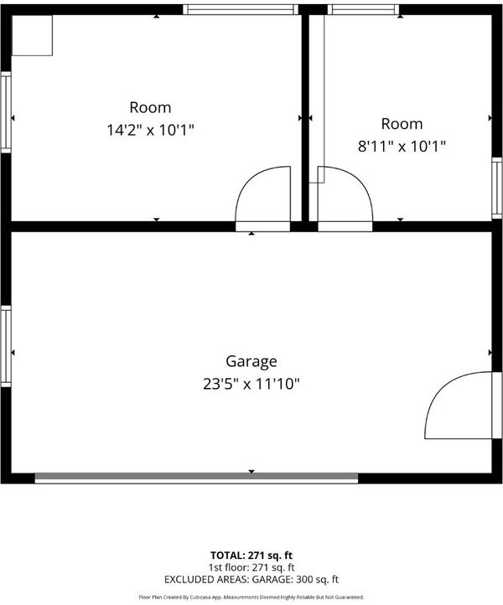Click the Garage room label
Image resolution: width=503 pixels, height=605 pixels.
coord(251,361)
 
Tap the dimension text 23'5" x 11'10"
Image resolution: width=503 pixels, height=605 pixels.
coord(251,384)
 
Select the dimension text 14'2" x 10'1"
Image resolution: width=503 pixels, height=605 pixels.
coord(150,130)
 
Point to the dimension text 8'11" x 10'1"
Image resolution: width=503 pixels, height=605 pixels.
coord(402,147)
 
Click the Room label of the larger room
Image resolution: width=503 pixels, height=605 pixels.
coord(150,107)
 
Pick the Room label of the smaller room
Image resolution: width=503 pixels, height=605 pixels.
coord(402,124)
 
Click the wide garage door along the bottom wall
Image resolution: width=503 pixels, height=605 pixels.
coord(196,478)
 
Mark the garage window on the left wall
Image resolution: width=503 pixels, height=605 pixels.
coord(6,346)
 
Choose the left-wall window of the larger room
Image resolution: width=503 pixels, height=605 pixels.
coord(6,112)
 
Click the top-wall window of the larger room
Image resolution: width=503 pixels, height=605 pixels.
coord(241,10)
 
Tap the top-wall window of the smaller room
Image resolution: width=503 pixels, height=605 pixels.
coord(363,10)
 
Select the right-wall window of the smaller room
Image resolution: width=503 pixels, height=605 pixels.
coord(497,188)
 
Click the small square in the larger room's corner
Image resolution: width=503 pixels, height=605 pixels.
coord(32,35)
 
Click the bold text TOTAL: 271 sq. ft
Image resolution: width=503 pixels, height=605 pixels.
coord(251,556)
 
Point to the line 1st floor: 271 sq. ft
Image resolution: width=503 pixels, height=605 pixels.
coord(251,567)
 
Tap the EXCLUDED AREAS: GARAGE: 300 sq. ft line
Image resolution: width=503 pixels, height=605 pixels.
coord(251,579)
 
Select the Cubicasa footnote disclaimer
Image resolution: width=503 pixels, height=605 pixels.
coord(251,597)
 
